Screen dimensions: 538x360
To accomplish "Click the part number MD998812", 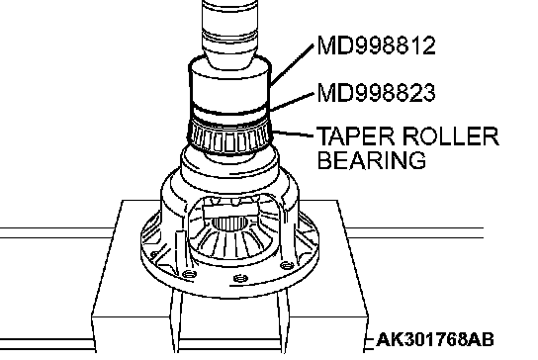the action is (x=377, y=45).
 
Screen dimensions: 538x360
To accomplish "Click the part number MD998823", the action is (x=377, y=92).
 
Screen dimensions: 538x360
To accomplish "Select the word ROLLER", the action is (x=451, y=136).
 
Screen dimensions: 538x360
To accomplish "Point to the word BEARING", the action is (x=372, y=160).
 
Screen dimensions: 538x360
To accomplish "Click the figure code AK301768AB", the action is (x=435, y=339).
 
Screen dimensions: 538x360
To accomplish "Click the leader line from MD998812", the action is (x=292, y=65).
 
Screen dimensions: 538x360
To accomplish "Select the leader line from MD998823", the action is (x=292, y=101).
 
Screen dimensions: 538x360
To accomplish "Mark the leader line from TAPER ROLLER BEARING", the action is (x=293, y=134).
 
